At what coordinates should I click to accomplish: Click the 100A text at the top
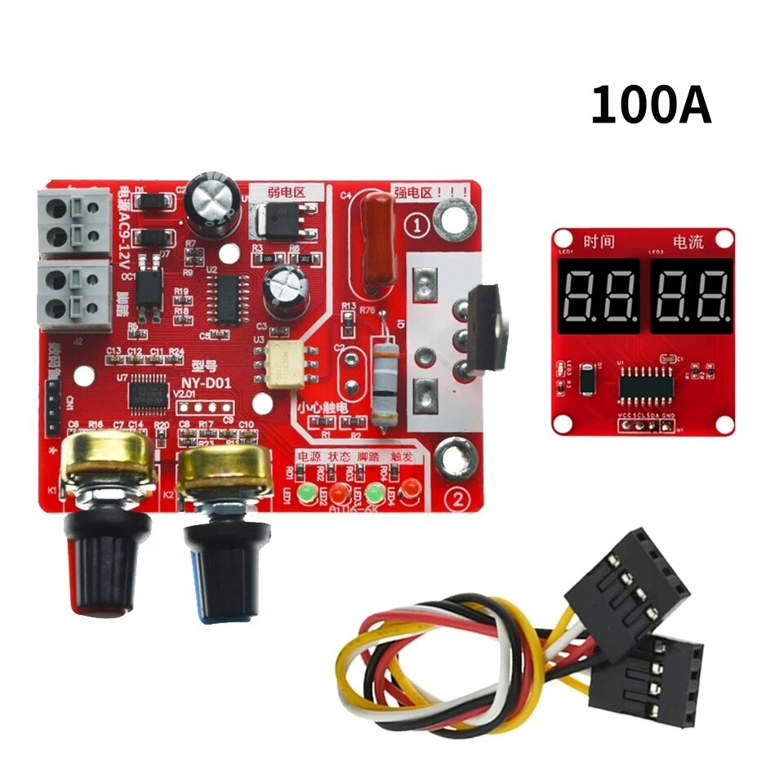[651, 106]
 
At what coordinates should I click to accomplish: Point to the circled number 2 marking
[458, 497]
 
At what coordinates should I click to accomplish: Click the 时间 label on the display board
[599, 243]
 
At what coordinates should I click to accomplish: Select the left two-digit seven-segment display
[599, 296]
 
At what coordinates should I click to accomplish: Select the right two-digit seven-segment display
[690, 296]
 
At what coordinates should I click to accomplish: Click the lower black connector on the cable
[646, 682]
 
